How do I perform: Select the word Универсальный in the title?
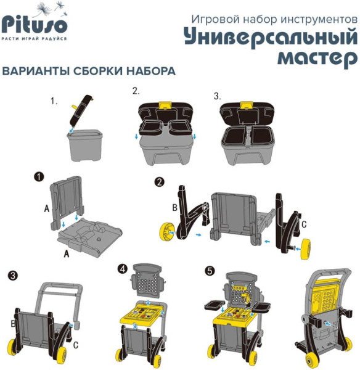pos(270,37)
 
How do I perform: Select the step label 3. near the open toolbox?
pos(217,96)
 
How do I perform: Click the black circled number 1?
pos(39,177)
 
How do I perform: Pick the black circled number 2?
pos(160,182)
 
